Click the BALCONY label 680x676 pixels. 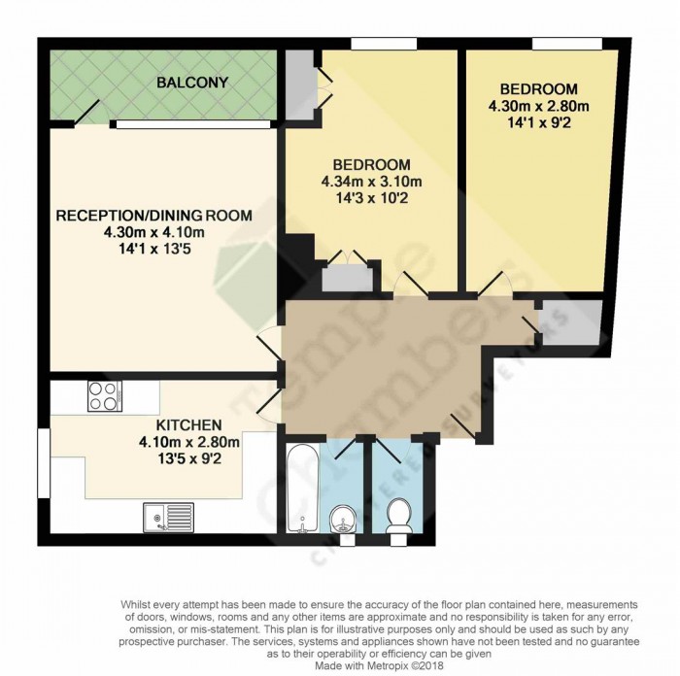click(x=192, y=83)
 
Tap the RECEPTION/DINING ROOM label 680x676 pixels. click(x=153, y=215)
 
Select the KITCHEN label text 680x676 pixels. click(x=188, y=424)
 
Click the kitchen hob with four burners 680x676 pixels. click(x=104, y=395)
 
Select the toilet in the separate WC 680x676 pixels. click(x=398, y=516)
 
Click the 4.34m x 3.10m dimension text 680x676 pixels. click(x=372, y=181)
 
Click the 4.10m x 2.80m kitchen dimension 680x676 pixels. click(x=188, y=442)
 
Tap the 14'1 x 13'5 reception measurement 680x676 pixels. click(x=153, y=250)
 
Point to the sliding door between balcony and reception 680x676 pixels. click(x=190, y=123)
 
